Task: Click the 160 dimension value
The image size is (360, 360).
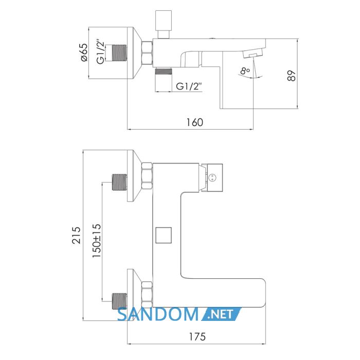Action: tap(194, 122)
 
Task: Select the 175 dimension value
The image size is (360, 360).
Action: tap(197, 337)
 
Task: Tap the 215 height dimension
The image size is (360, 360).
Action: tap(77, 236)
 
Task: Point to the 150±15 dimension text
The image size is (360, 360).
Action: tap(97, 241)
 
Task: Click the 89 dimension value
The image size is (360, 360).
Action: tap(292, 76)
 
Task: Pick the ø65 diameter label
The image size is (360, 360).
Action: tap(84, 52)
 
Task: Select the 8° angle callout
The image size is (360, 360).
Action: tap(245, 71)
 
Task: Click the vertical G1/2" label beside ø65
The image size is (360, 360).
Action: tap(100, 53)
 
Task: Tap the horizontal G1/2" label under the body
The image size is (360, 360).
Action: tap(189, 86)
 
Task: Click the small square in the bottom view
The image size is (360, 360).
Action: tap(164, 235)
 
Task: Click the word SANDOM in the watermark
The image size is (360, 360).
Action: tap(157, 314)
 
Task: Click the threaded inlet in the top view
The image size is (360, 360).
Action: tap(119, 53)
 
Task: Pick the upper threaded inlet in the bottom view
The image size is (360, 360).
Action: tap(119, 182)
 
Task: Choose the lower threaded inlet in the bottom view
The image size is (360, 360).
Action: tap(119, 301)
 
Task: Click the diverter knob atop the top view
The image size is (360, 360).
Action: tap(164, 24)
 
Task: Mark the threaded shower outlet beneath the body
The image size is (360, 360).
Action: tap(164, 71)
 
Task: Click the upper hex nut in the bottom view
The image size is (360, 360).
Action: tap(147, 176)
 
